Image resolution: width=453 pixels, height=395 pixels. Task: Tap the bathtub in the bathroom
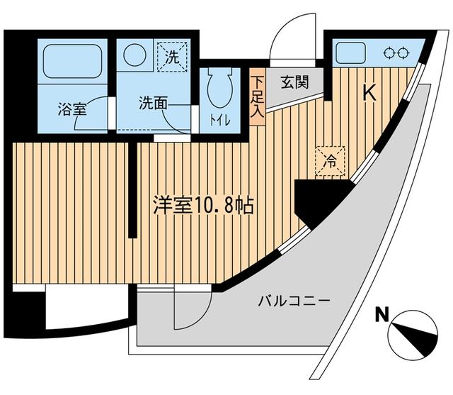[x=74, y=61]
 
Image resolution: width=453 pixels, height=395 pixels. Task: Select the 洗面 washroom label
[x=152, y=101]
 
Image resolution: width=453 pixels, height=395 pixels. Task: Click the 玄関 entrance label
[x=294, y=82]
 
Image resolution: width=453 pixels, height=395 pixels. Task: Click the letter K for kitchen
[x=369, y=92]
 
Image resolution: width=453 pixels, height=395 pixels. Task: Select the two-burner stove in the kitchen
[x=394, y=52]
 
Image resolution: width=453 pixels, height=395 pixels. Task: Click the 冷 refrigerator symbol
[x=329, y=159]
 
